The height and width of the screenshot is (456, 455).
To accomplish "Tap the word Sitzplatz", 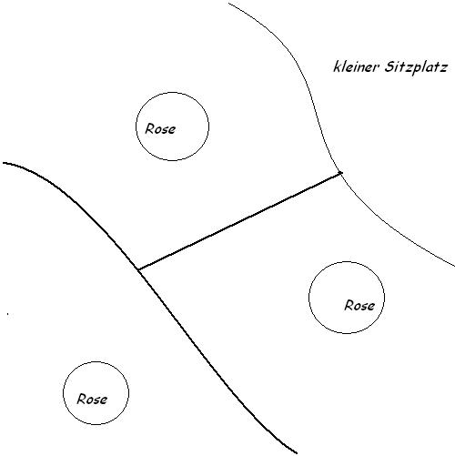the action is [x=416, y=67].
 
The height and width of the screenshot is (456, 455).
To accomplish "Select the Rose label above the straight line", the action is [x=160, y=129].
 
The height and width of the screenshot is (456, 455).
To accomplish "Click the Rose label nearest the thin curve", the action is [x=359, y=305].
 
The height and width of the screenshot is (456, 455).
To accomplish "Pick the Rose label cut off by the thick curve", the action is [x=92, y=399].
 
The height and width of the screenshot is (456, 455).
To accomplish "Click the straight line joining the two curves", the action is [x=239, y=221].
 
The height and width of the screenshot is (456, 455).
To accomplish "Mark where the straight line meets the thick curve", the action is [x=138, y=269].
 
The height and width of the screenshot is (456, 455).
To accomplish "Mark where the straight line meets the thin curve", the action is [x=341, y=173].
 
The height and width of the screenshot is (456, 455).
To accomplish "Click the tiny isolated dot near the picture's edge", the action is [x=8, y=314].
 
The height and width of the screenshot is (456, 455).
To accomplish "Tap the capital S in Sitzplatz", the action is [x=389, y=66].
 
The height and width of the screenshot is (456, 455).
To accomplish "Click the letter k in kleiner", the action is [x=337, y=67].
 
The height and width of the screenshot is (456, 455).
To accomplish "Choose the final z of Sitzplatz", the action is [x=443, y=68].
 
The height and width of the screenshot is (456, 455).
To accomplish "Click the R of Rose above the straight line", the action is [x=149, y=128].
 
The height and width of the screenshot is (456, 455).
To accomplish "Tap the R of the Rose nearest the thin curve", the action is [x=349, y=305].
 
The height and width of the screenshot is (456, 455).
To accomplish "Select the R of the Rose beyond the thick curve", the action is [x=81, y=399].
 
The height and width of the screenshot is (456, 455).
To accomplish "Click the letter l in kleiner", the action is [x=343, y=66].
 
